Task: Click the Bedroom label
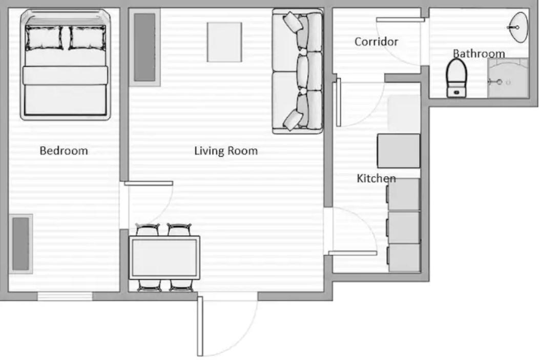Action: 64,151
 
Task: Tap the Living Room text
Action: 225,151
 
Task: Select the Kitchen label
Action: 376,178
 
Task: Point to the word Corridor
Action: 376,41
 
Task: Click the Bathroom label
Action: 479,53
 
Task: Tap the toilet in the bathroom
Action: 456,77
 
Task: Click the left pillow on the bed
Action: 44,38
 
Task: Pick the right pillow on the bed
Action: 87,38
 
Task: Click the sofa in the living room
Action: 297,71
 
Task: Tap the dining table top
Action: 164,257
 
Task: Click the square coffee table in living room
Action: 224,42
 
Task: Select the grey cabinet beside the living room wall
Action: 144,48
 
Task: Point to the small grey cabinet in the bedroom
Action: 20,243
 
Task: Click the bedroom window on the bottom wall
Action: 65,296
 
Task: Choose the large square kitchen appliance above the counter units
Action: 399,151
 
